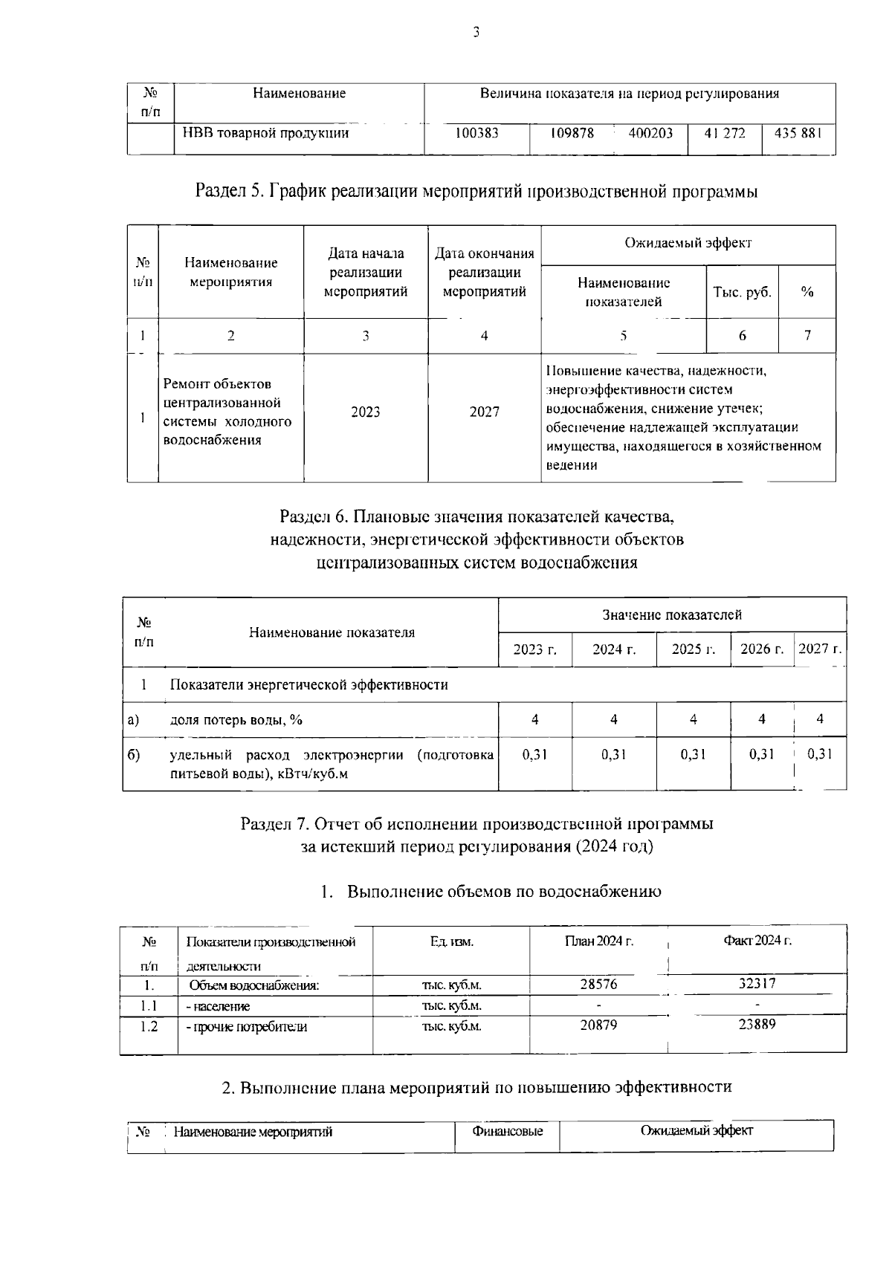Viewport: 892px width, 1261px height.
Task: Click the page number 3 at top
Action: [x=476, y=32]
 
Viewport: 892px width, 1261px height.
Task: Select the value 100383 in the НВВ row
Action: [x=476, y=133]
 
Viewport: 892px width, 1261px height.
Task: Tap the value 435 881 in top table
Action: [x=798, y=133]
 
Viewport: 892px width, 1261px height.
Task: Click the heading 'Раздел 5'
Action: [x=476, y=191]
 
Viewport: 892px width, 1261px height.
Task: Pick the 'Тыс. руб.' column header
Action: [x=742, y=292]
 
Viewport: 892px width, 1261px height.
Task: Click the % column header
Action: [x=807, y=292]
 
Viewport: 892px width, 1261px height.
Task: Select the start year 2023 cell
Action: [x=365, y=412]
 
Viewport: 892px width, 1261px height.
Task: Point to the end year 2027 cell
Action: [x=484, y=412]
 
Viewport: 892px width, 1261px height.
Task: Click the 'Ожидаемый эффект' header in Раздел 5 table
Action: [x=688, y=243]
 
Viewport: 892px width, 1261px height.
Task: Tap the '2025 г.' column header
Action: [x=693, y=649]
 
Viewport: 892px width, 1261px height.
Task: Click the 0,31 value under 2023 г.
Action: [x=534, y=753]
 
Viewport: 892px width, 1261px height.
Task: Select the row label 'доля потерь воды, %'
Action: [x=236, y=719]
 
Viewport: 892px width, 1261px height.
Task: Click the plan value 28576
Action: [x=598, y=984]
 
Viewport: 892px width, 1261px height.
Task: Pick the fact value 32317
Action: [x=757, y=983]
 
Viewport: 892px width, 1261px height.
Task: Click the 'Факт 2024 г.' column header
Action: [x=757, y=941]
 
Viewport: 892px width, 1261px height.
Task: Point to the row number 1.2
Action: [x=149, y=1026]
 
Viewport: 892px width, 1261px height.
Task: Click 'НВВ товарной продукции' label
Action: [x=265, y=133]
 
